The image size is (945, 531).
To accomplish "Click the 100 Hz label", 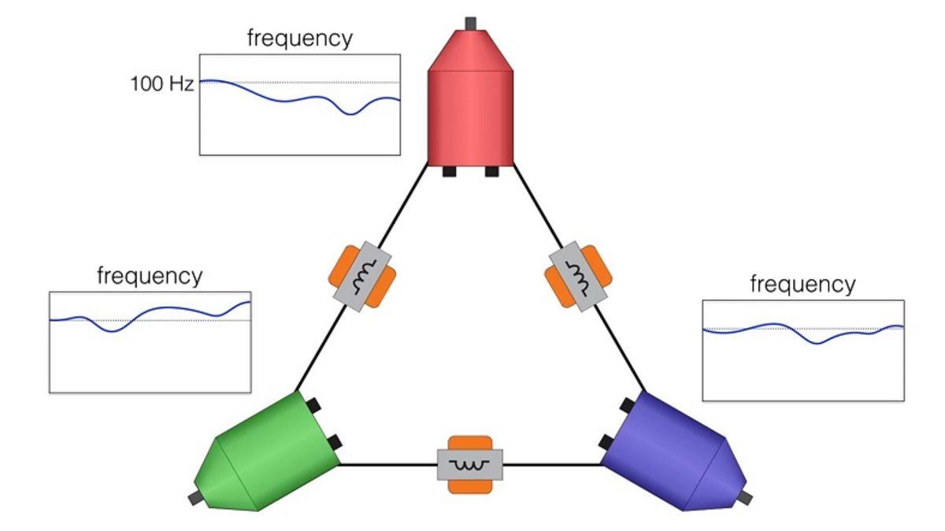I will point(161,83).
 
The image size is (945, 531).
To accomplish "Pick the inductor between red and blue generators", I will point(579,276).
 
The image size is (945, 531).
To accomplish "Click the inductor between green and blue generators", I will point(470,464).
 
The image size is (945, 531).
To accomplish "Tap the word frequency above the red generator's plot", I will point(299,38).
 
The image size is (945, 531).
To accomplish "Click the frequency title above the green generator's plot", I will point(149,276).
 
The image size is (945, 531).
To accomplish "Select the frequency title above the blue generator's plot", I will point(802,284).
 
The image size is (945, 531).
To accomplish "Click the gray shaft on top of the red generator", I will point(471,22).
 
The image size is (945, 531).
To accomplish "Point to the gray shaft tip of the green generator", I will point(194,498).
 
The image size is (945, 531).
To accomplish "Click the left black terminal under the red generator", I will point(450,171).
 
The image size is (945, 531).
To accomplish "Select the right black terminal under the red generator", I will point(491,171).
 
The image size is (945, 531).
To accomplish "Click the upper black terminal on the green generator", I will point(313,406).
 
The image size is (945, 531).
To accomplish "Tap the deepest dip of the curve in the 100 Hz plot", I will point(351,114).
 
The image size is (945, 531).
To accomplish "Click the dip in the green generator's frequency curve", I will point(112,331).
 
